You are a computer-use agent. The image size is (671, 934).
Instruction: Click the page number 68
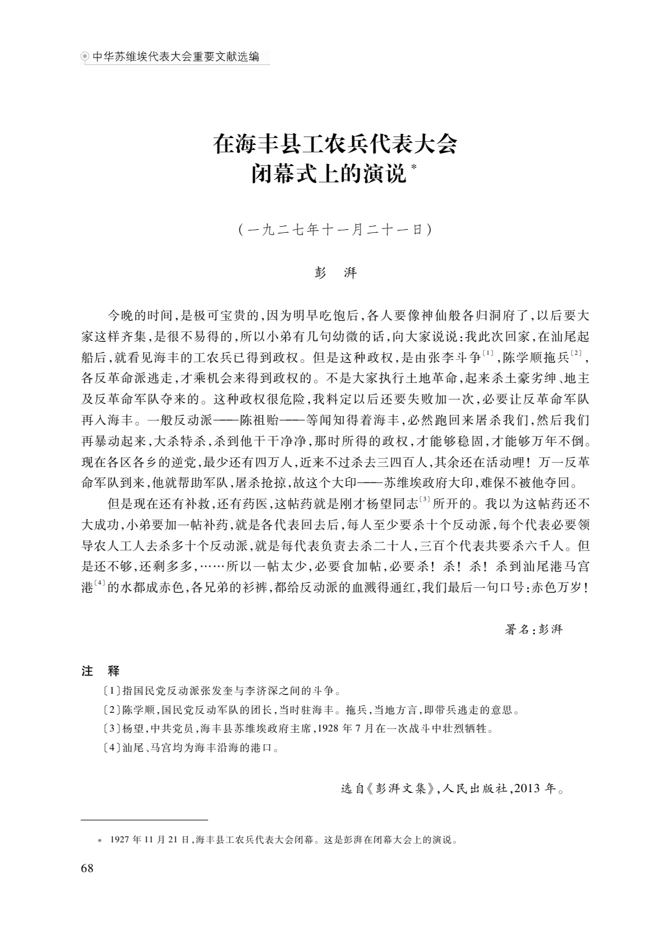[x=87, y=868]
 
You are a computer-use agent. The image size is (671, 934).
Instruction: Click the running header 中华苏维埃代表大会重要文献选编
[x=175, y=58]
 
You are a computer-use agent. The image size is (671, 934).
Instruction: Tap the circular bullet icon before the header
[x=86, y=58]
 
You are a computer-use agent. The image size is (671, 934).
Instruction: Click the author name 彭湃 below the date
[x=335, y=273]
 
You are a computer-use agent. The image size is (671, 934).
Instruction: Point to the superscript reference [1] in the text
[x=488, y=353]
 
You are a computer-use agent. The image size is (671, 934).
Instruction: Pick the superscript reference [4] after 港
[x=99, y=584]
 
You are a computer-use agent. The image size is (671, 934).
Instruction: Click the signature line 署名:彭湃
[x=533, y=629]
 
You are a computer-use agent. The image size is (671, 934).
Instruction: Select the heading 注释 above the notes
[x=100, y=671]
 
